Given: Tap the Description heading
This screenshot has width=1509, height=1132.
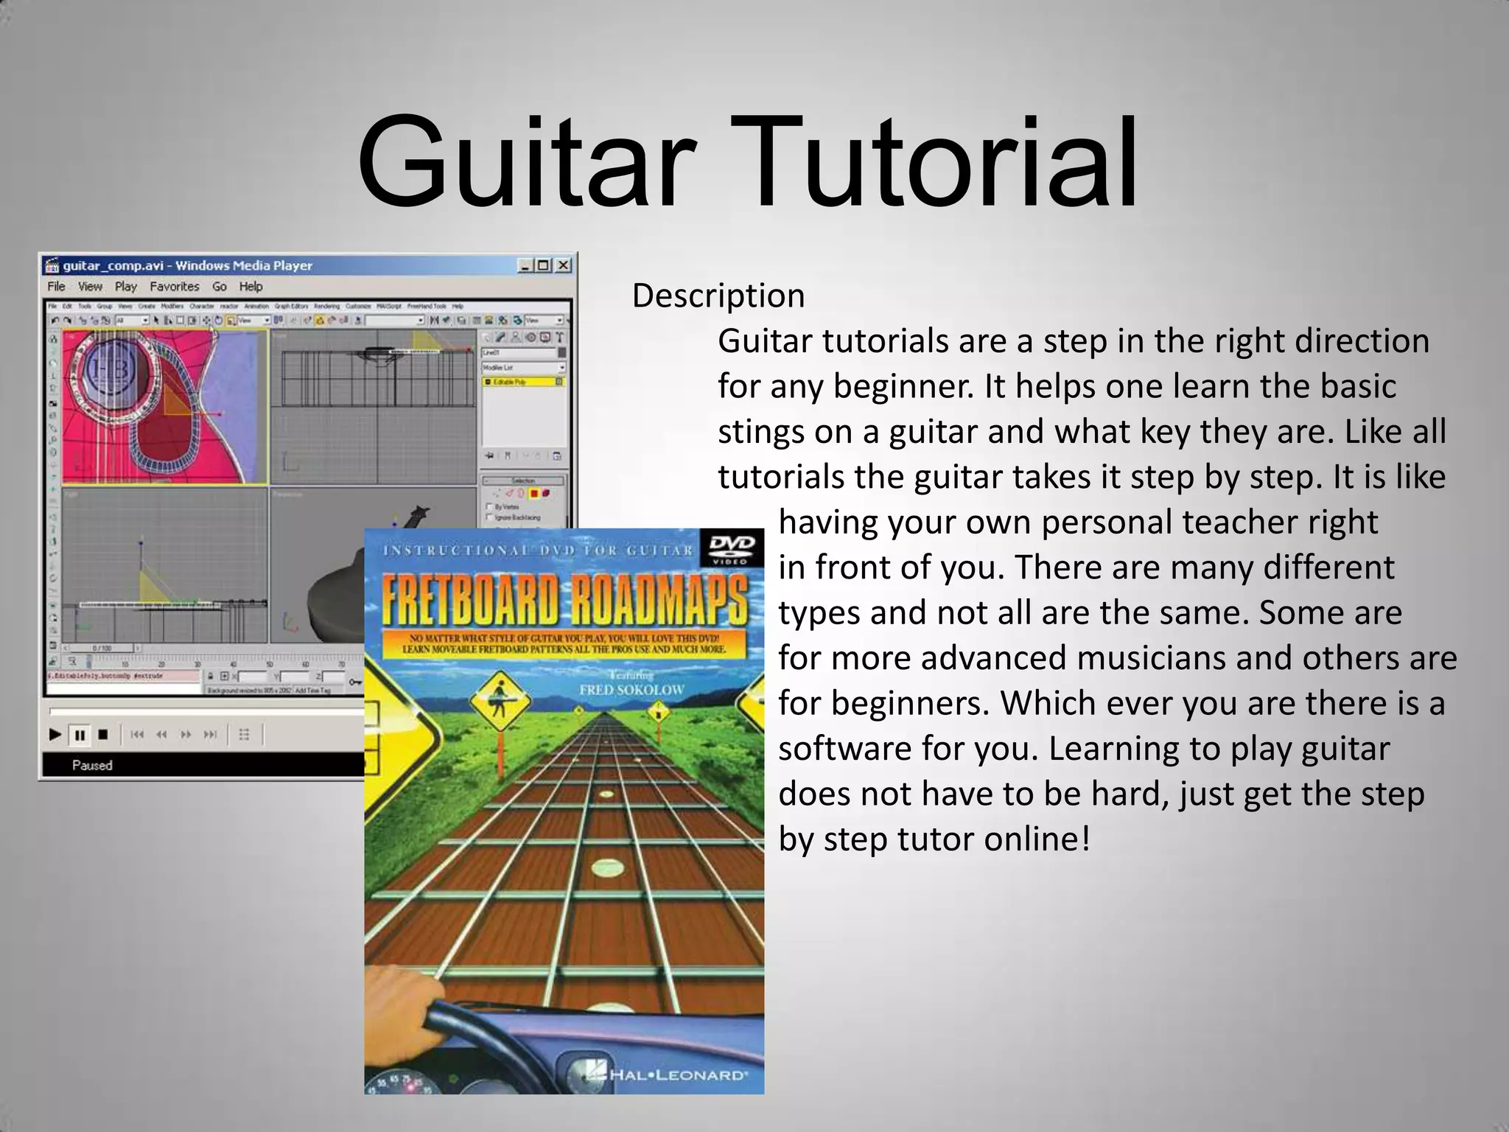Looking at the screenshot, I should point(718,296).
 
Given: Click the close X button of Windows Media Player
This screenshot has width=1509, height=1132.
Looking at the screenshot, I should point(563,265).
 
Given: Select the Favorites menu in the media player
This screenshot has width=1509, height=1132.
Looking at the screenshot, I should point(175,287).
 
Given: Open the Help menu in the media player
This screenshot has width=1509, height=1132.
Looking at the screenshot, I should point(251,287).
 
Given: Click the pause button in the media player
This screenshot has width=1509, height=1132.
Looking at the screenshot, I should point(80,735).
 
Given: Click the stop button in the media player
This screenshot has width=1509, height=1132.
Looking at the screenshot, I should point(103,735).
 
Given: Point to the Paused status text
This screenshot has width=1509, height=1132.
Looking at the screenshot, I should point(92,766).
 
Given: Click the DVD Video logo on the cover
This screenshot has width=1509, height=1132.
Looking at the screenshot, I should point(732,548).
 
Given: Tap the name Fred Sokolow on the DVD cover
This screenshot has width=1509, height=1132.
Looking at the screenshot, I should point(631,690).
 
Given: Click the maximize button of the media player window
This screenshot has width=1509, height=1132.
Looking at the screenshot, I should point(543,265).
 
